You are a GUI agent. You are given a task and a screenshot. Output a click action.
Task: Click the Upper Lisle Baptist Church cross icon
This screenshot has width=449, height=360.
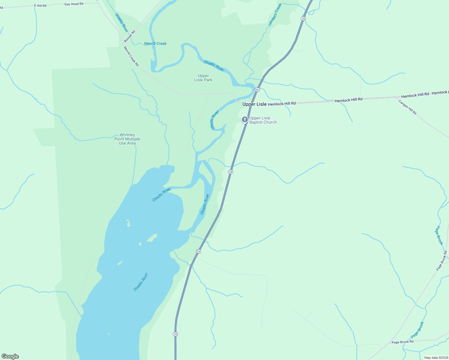pyautogui.click(x=245, y=120)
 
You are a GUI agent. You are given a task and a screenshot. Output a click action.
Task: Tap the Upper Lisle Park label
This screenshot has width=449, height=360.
pyautogui.click(x=203, y=78)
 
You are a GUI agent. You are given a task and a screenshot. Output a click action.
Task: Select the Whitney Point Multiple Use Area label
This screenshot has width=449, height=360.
pyautogui.click(x=127, y=139)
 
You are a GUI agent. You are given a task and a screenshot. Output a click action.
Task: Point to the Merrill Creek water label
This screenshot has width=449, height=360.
pyautogui.click(x=155, y=44)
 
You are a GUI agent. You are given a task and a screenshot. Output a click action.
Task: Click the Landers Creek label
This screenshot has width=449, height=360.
pyautogui.click(x=275, y=14)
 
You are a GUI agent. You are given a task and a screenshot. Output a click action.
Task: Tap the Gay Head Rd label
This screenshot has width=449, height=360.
pyautogui.click(x=74, y=4)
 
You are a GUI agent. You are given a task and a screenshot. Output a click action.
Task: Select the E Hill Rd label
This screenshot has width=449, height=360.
pyautogui.click(x=40, y=6)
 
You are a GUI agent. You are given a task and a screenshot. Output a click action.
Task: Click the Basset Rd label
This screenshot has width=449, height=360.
pyautogui.click(x=130, y=36)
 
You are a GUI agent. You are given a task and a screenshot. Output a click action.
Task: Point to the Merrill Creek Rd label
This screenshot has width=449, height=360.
pyautogui.click(x=131, y=56)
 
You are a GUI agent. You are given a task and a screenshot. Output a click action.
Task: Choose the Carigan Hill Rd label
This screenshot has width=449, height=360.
pyautogui.click(x=408, y=107)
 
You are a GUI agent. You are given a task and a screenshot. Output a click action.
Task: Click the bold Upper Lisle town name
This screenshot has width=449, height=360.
pyautogui.click(x=254, y=104)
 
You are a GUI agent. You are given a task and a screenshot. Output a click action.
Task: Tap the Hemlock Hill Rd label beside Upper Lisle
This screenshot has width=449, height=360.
pyautogui.click(x=282, y=104)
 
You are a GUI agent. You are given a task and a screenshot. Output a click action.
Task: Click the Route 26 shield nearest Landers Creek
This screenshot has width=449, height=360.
pyautogui.click(x=303, y=19)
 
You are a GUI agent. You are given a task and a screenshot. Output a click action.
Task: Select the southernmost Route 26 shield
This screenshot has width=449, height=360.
pyautogui.click(x=176, y=334)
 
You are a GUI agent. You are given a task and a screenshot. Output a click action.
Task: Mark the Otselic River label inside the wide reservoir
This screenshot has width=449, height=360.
pyautogui.click(x=141, y=282)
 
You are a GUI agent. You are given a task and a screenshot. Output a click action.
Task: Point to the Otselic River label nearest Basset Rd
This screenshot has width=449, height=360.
pyautogui.click(x=122, y=23)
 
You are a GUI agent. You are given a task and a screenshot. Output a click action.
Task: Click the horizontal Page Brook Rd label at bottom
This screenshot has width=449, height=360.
pyautogui.click(x=402, y=342)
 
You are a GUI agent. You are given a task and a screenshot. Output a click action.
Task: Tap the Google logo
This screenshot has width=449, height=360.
pyautogui.click(x=10, y=356)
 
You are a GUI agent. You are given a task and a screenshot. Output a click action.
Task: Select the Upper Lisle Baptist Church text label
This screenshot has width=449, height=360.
pyautogui.click(x=263, y=120)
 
